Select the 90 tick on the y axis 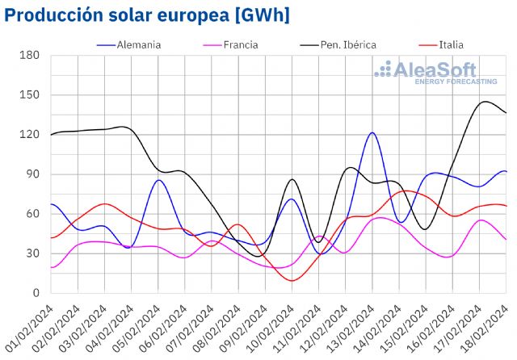32,174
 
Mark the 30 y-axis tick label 32,253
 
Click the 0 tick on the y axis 36,293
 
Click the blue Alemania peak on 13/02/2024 372,133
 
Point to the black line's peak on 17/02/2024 484,102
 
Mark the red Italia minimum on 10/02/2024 292,280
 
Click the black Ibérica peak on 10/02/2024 292,179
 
